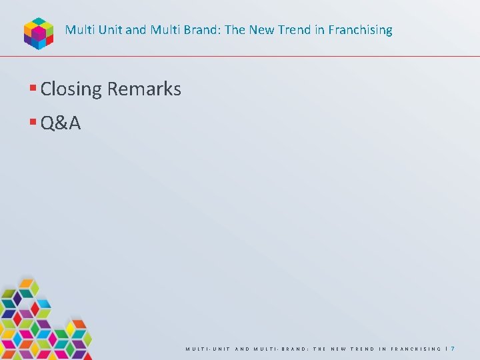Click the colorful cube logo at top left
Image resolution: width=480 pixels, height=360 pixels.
(x=38, y=32)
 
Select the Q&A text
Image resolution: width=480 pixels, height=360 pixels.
(x=61, y=123)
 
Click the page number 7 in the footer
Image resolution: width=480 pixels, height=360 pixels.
(x=453, y=349)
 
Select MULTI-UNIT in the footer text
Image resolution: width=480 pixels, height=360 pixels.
(x=206, y=349)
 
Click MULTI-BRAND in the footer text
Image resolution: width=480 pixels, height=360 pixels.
(x=275, y=349)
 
